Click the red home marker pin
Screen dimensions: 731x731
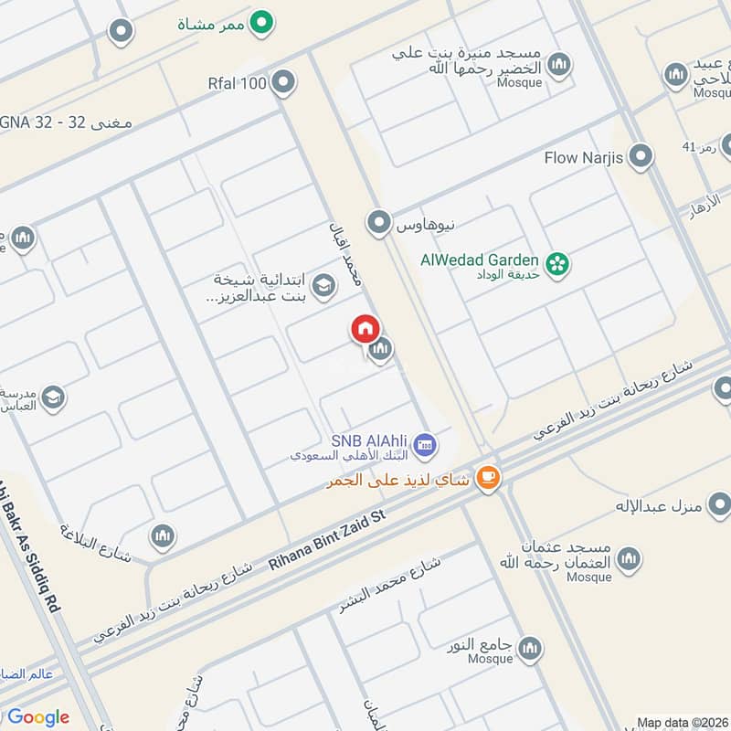click(x=364, y=329)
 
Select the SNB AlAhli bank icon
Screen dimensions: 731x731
click(x=423, y=445)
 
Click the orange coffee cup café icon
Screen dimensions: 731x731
click(x=488, y=477)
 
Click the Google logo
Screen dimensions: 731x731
click(x=37, y=717)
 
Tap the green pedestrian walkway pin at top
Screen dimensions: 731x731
click(x=263, y=22)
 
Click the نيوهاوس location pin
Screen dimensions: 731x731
click(x=377, y=221)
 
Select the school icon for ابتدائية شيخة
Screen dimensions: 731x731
click(x=322, y=288)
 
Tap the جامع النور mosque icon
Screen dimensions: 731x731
click(x=529, y=649)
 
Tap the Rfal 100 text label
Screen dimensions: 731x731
click(x=237, y=84)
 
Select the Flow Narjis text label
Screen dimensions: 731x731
click(x=584, y=158)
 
